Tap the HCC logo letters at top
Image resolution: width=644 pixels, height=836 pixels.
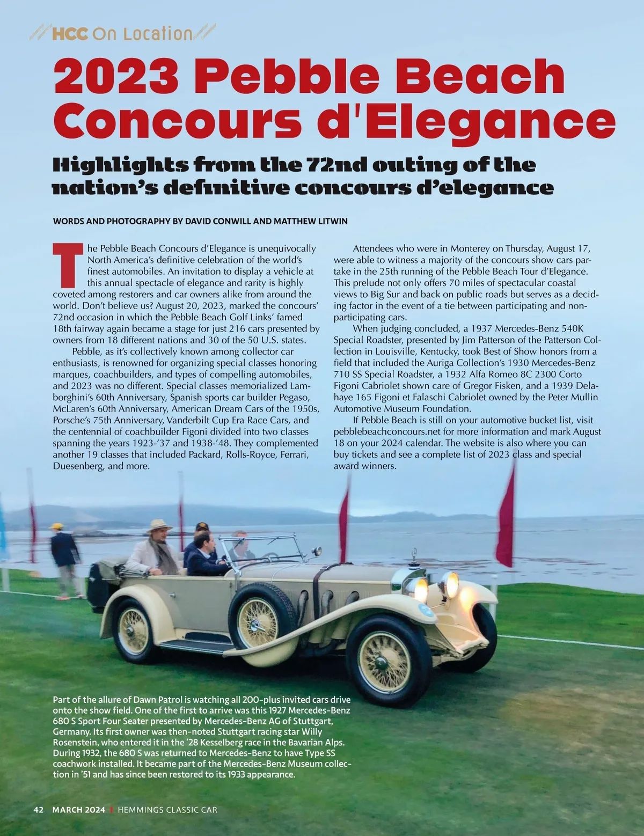[69, 34]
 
